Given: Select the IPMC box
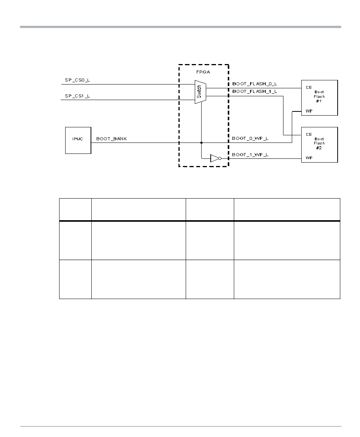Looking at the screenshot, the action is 78,140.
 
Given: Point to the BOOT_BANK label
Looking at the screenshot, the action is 111,139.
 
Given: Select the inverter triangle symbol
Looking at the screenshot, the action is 214,158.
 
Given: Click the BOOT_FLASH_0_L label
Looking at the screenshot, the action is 254,84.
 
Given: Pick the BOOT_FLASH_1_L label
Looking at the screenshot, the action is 254,91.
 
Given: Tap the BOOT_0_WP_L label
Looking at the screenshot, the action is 250,139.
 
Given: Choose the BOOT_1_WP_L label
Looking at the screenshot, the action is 250,155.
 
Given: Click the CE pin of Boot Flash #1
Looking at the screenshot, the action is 309,88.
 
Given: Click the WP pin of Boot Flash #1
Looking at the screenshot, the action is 309,111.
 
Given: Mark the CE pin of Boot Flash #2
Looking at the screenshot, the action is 309,135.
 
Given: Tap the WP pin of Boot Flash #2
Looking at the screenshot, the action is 309,158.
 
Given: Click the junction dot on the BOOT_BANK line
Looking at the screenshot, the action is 201,143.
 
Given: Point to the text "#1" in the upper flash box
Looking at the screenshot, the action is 319,101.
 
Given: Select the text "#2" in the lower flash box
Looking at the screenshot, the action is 319,148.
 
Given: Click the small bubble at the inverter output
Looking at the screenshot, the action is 220,158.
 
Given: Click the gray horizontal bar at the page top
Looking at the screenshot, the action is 180,27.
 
